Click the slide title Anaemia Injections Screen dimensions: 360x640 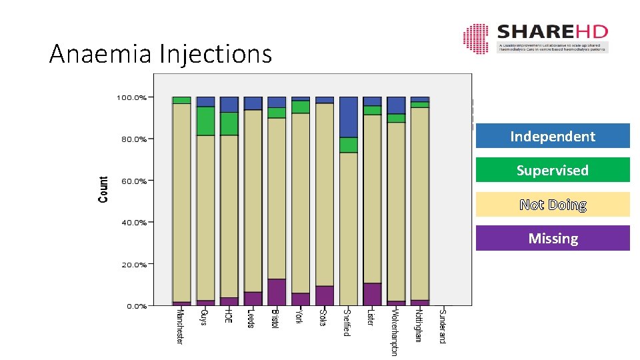click(x=161, y=53)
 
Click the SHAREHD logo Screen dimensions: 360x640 click(x=535, y=39)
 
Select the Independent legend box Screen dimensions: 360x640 click(x=553, y=136)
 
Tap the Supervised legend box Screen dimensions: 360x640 click(x=553, y=170)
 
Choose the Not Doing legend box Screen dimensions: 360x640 click(x=553, y=205)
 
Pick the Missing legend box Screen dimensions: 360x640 click(x=553, y=238)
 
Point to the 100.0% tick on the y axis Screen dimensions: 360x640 click(x=131, y=97)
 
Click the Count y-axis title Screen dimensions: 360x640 click(x=103, y=189)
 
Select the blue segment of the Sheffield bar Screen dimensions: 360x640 click(x=349, y=117)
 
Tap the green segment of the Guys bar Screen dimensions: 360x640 click(x=205, y=121)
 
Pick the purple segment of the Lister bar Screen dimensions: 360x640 click(x=372, y=294)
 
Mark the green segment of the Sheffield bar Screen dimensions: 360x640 click(x=349, y=145)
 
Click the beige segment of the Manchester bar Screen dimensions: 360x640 click(x=181, y=200)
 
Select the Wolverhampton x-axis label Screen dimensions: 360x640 click(x=395, y=331)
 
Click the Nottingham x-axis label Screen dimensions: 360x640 click(x=419, y=325)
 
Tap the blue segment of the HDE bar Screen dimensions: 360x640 click(x=229, y=104)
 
